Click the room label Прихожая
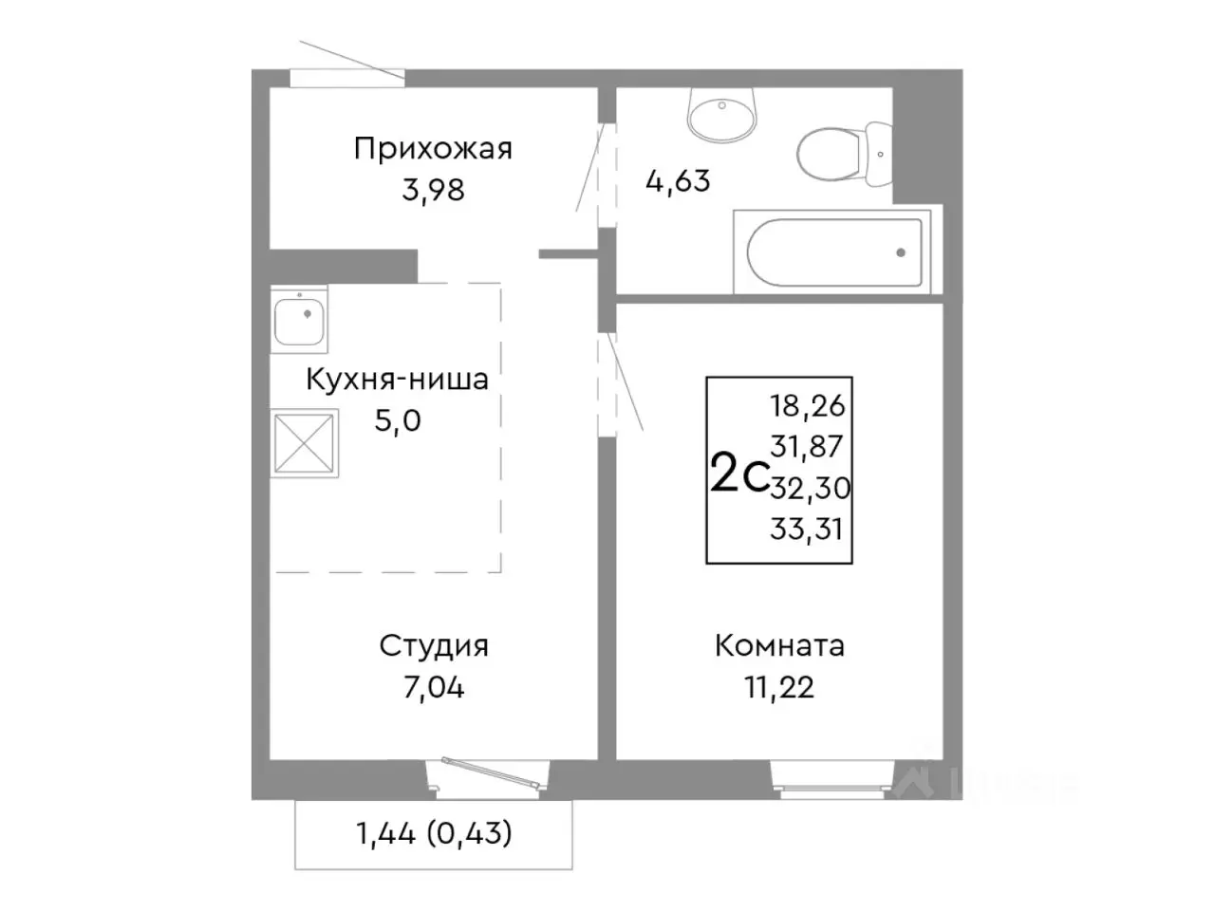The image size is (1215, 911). tap(433, 149)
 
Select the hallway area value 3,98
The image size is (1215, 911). tap(433, 190)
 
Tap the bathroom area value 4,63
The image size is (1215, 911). tap(678, 180)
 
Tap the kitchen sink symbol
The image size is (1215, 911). tap(300, 319)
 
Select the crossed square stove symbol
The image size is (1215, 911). tap(305, 442)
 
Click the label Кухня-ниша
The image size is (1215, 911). tap(397, 380)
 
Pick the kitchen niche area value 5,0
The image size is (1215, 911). tap(397, 420)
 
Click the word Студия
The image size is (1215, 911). tap(434, 646)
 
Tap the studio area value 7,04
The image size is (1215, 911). tap(434, 687)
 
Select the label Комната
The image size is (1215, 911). tap(779, 646)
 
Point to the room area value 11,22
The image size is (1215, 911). tap(779, 687)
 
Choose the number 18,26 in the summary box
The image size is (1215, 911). tap(808, 406)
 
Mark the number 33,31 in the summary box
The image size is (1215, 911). tap(807, 529)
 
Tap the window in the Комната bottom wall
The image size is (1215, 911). tap(832, 776)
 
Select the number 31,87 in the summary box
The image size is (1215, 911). tap(808, 446)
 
